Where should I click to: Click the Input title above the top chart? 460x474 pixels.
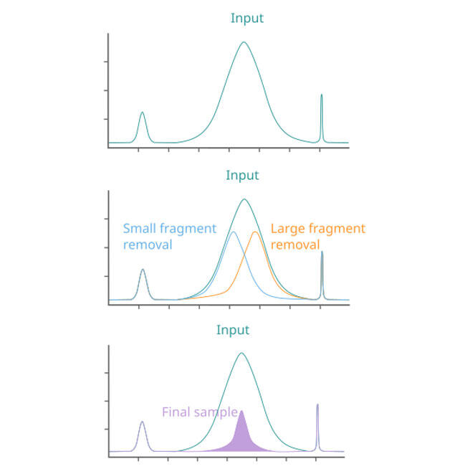[x=246, y=18]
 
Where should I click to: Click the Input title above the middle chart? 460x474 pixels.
[x=242, y=175]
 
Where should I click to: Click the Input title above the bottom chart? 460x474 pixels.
[x=233, y=330]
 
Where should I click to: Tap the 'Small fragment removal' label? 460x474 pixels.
[x=169, y=237]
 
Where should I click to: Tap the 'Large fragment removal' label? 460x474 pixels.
[x=317, y=237]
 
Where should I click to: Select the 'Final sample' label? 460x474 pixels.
[x=199, y=412]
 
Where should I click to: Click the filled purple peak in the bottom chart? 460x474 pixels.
[x=241, y=434]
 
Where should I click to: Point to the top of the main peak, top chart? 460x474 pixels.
[x=244, y=42]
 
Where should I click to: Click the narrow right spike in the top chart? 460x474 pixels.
[x=321, y=96]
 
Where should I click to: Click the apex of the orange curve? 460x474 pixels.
[x=256, y=232]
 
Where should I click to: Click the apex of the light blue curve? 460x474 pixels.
[x=233, y=232]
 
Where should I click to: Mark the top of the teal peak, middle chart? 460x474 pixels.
[x=244, y=199]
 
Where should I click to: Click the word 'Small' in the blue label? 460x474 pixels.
[x=140, y=229]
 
